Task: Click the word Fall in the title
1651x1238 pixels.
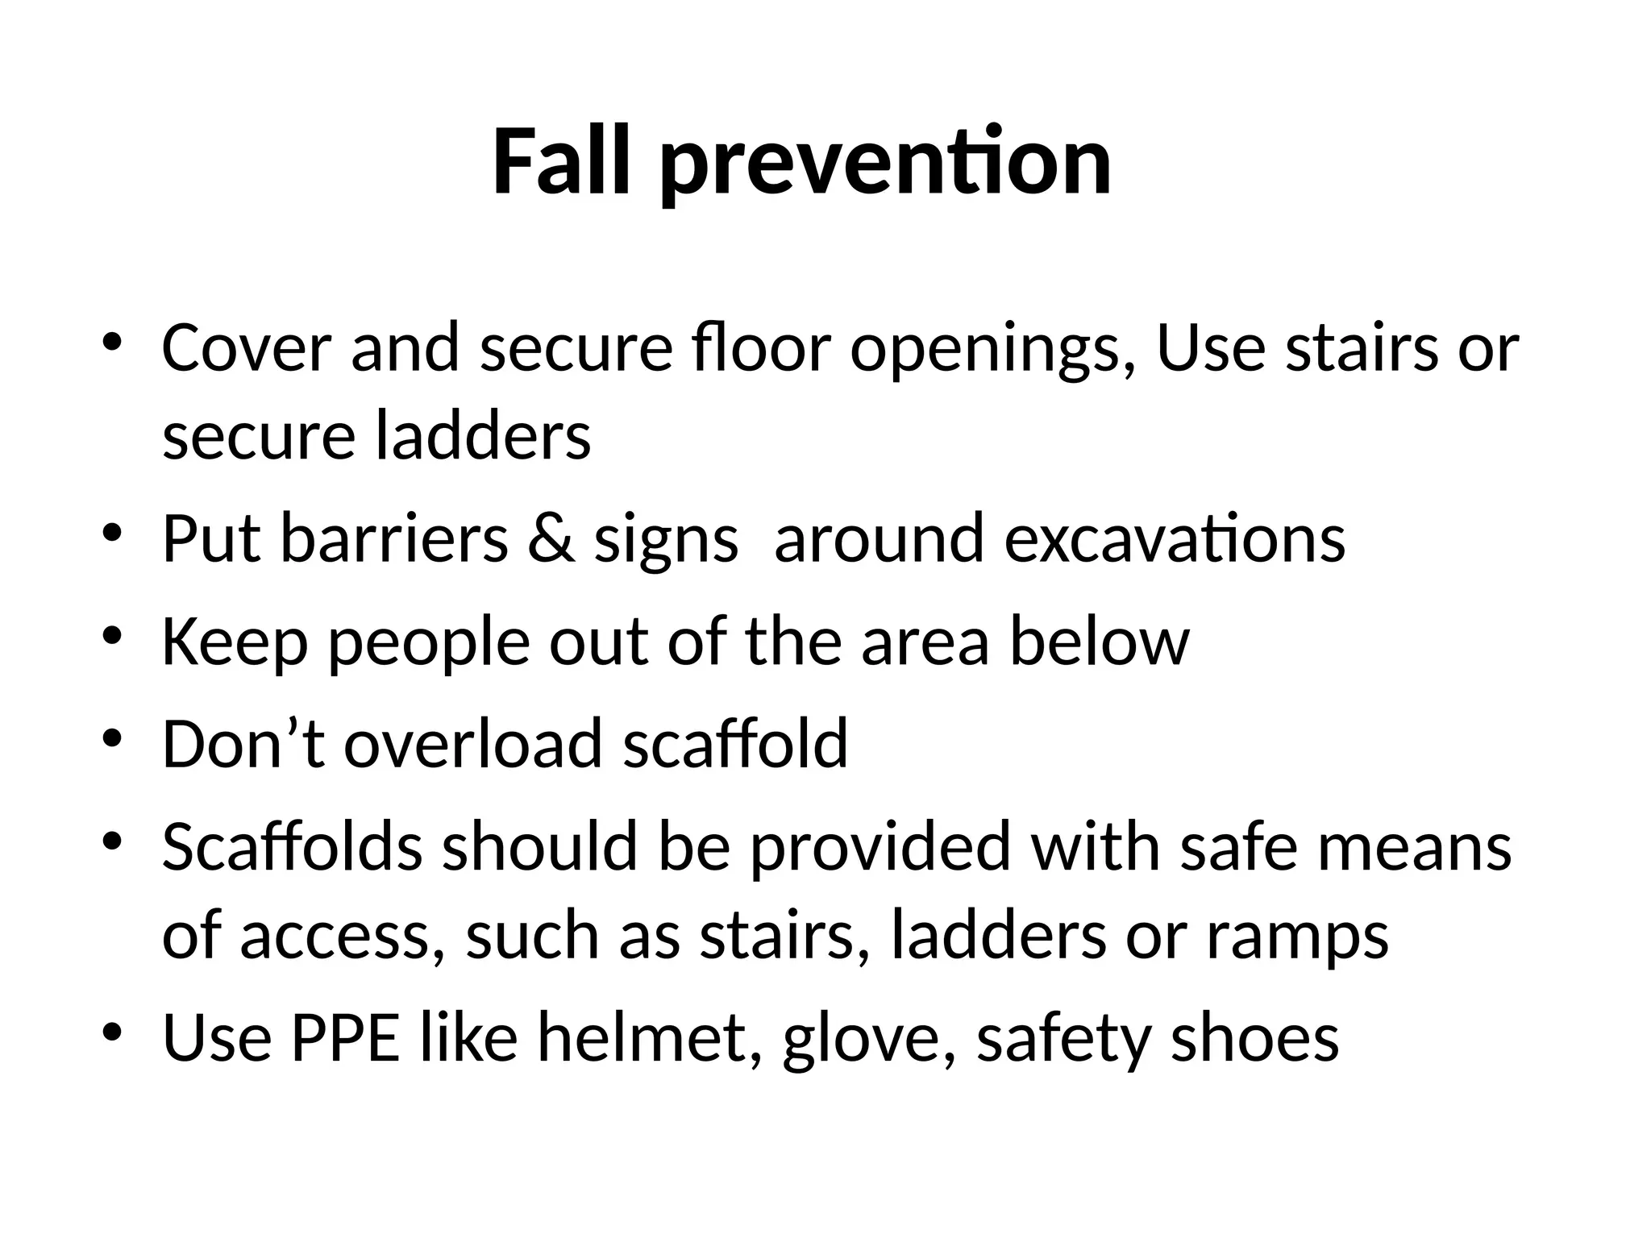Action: (560, 163)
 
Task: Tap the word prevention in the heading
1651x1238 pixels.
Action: (886, 164)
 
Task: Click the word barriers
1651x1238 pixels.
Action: (394, 538)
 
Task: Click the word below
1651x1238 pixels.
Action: (1100, 642)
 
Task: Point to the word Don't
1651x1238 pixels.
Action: (243, 743)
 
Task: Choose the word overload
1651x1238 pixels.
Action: (473, 743)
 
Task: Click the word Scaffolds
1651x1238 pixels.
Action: (293, 846)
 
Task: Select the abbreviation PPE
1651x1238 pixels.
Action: (345, 1037)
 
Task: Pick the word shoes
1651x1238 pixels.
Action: (1254, 1037)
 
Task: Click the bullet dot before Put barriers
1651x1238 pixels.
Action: (112, 534)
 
